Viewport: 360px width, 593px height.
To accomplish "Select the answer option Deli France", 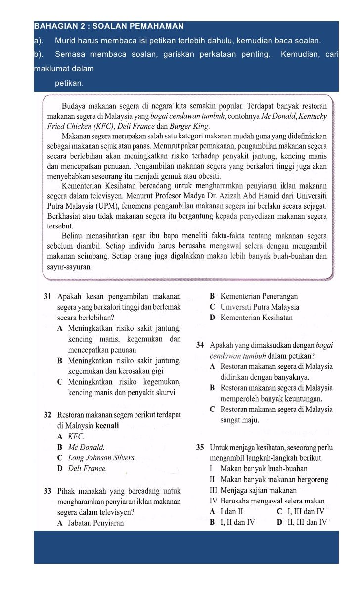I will tap(86, 468).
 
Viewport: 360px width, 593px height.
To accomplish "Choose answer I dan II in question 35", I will tap(231, 511).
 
